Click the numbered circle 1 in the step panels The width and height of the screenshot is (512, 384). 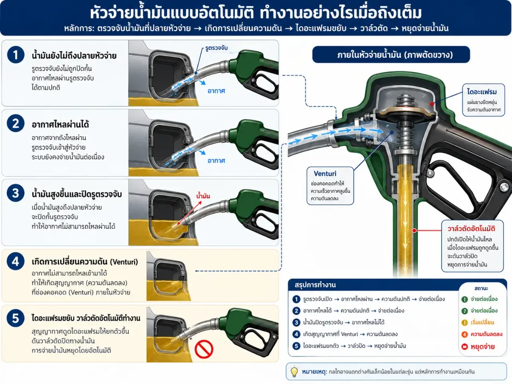tap(16, 55)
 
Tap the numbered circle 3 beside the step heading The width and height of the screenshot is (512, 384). tap(16, 193)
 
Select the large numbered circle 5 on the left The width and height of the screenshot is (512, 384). tap(16, 318)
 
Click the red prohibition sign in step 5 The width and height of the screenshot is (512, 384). tap(204, 349)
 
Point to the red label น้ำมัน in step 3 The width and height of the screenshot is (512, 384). tap(203, 196)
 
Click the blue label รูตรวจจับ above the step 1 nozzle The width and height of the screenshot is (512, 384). tap(216, 48)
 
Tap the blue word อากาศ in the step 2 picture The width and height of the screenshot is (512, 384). tap(216, 161)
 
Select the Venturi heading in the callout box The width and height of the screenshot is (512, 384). tap(325, 174)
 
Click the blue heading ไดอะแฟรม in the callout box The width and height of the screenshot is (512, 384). tap(482, 92)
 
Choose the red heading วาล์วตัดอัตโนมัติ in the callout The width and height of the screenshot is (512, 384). tap(471, 228)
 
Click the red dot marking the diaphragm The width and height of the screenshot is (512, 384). tap(432, 104)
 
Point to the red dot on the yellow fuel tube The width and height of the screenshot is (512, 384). tap(414, 230)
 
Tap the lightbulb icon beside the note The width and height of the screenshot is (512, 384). tap(294, 372)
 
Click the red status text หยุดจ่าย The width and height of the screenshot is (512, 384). tap(483, 347)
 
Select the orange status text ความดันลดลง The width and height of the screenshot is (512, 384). tap(486, 334)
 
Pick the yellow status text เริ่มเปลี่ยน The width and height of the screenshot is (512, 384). tap(482, 322)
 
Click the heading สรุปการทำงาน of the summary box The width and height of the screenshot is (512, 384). tap(315, 285)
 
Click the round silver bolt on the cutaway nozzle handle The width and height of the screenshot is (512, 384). tap(504, 187)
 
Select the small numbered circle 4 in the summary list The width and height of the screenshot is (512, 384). tap(296, 334)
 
